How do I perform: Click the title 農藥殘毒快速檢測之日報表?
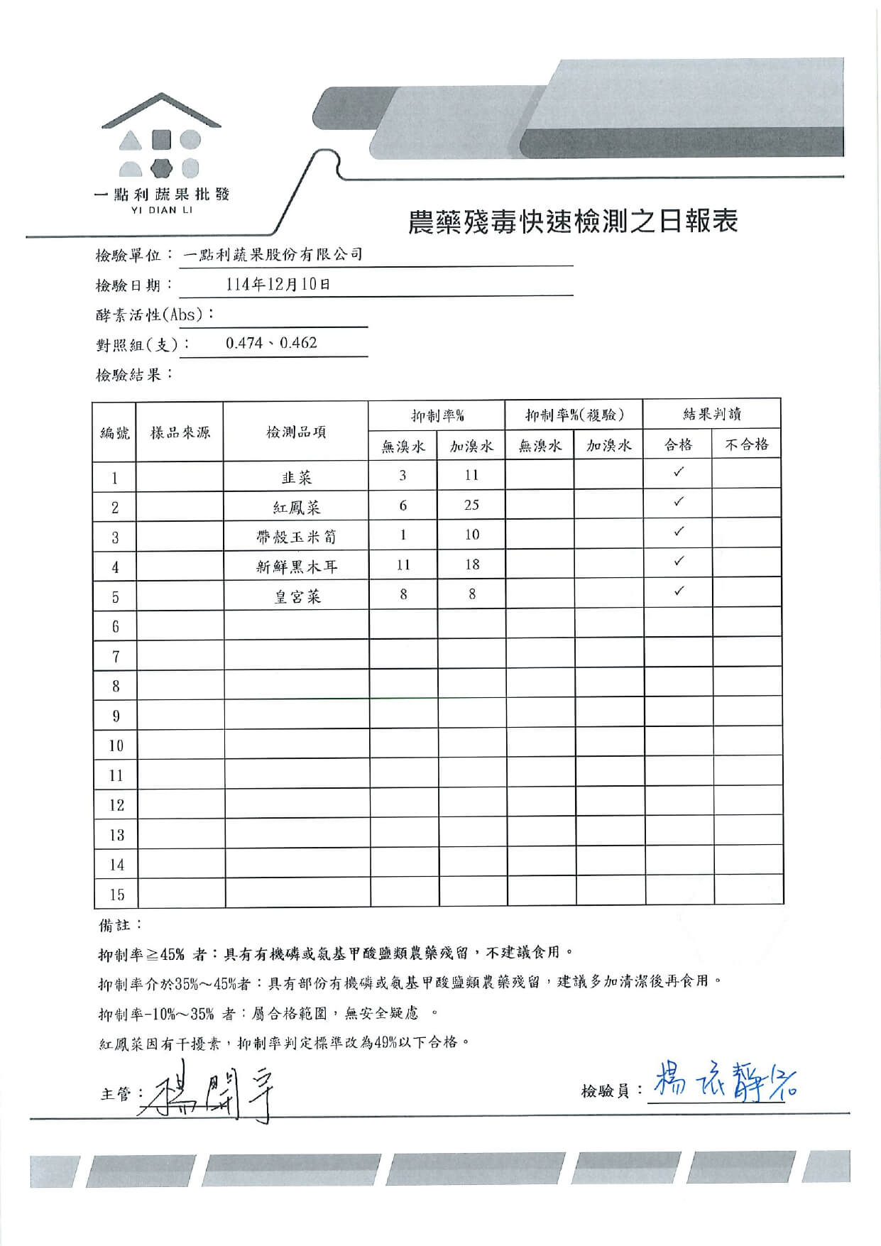(x=572, y=222)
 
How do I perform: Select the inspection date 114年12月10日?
(x=278, y=285)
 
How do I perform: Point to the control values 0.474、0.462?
(x=271, y=343)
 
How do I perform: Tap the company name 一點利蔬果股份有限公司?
(x=273, y=254)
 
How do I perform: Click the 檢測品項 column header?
(x=296, y=432)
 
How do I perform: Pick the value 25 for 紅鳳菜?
(x=471, y=505)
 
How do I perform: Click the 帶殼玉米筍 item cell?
(x=296, y=537)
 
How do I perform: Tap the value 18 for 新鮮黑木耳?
(x=471, y=564)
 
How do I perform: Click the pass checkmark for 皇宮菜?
(x=679, y=591)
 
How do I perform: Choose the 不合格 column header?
(x=746, y=444)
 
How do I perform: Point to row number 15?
(x=116, y=895)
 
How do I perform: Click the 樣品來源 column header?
(x=180, y=432)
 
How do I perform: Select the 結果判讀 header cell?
(x=712, y=414)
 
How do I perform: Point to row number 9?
(x=116, y=716)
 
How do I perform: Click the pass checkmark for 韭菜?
(x=679, y=472)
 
